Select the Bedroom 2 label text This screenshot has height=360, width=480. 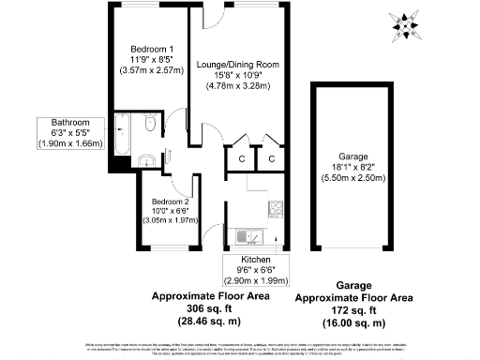click(x=170, y=201)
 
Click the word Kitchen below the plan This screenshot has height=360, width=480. click(x=256, y=259)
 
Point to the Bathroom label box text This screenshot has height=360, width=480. click(x=69, y=122)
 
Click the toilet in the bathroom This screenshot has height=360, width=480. click(x=150, y=126)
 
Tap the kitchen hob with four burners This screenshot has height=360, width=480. click(x=276, y=208)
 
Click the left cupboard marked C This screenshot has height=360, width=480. click(x=241, y=158)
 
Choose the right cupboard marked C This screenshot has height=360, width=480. click(x=270, y=158)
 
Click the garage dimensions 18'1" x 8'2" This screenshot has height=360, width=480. click(x=353, y=166)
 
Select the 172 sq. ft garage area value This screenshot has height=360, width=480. click(x=354, y=310)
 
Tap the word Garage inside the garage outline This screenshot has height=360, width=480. click(x=353, y=155)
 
